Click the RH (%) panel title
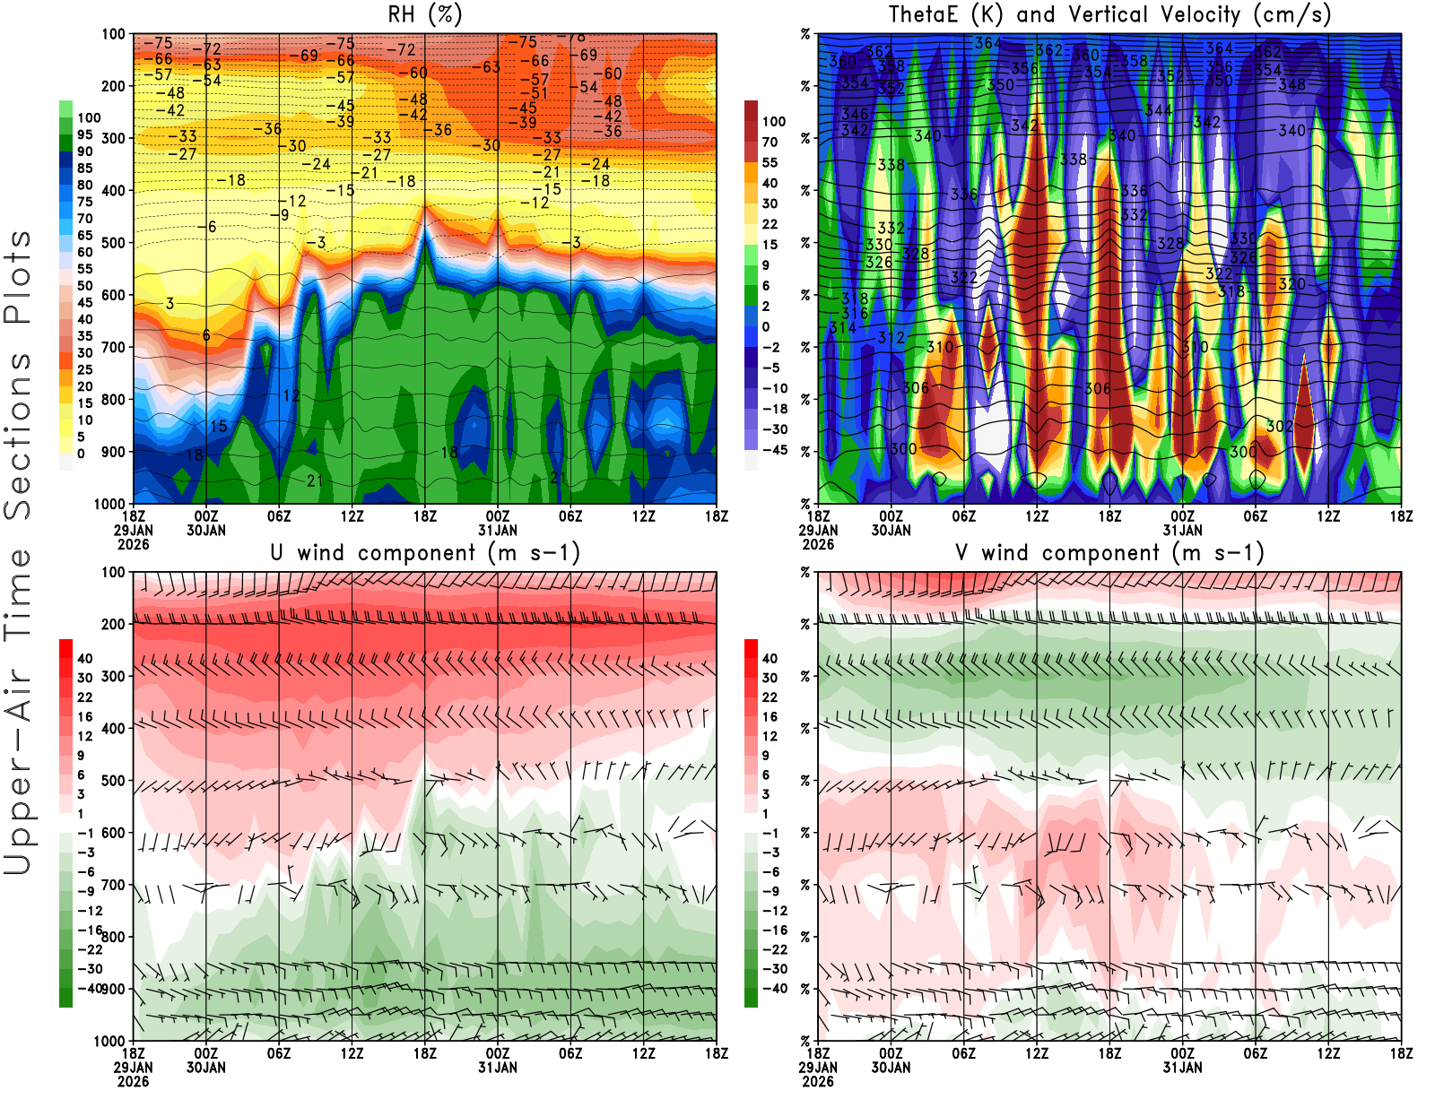(x=424, y=15)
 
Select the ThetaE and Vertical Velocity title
(x=1109, y=15)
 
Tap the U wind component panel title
(x=424, y=553)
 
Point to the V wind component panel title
(x=1109, y=553)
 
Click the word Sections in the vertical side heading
(x=18, y=435)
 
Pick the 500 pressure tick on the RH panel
(x=113, y=243)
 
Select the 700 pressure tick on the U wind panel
(x=113, y=885)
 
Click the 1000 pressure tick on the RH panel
(x=109, y=504)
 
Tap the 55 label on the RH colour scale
(x=84, y=269)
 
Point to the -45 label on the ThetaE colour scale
(x=774, y=450)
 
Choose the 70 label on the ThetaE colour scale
(x=770, y=142)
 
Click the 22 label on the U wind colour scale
(x=84, y=697)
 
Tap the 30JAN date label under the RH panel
(x=206, y=531)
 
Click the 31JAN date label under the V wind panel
(x=1182, y=1068)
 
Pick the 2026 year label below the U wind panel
(x=133, y=1081)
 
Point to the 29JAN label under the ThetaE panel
(x=818, y=531)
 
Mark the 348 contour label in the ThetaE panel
(x=1291, y=85)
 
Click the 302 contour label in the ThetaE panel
(x=1279, y=427)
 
